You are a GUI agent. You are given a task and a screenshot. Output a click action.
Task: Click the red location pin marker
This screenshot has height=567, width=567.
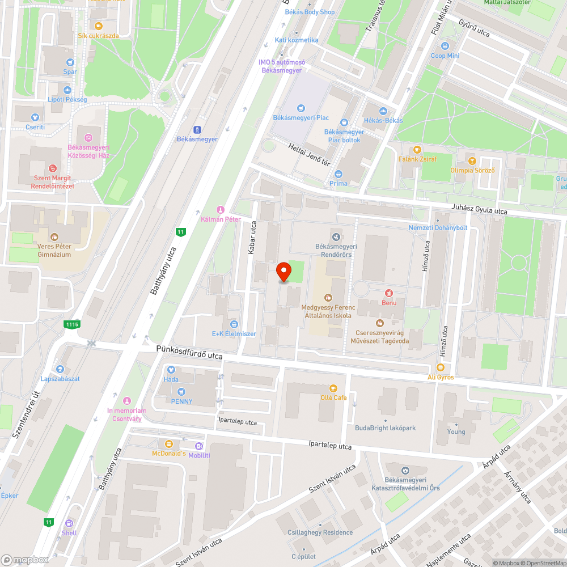(283, 272)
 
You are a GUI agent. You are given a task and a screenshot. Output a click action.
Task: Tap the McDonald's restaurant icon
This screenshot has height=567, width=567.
(168, 443)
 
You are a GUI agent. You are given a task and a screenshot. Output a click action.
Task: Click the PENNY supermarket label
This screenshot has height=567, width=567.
(182, 401)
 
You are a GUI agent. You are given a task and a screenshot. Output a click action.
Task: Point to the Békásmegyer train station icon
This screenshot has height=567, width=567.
(197, 129)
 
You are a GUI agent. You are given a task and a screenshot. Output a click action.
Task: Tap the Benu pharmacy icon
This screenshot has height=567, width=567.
(389, 293)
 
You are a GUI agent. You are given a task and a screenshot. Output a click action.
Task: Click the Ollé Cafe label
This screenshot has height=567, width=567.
(333, 397)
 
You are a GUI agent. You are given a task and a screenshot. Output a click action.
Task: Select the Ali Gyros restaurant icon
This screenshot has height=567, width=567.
(441, 367)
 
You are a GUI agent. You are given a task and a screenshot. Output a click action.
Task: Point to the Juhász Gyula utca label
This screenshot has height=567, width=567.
(479, 210)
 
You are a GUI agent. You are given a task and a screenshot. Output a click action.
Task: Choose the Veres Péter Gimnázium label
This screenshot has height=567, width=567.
(54, 251)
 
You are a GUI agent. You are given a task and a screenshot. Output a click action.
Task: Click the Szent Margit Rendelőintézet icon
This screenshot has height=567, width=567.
(53, 168)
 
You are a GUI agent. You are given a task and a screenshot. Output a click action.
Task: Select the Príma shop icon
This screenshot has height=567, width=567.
(338, 174)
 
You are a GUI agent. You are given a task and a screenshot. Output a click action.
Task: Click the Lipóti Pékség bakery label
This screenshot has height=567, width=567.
(67, 100)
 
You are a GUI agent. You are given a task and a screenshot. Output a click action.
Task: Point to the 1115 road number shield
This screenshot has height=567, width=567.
(72, 324)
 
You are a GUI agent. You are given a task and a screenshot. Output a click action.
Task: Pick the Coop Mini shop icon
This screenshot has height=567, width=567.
(445, 46)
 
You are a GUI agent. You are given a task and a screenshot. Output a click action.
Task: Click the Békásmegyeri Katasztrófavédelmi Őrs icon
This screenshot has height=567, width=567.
(405, 471)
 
